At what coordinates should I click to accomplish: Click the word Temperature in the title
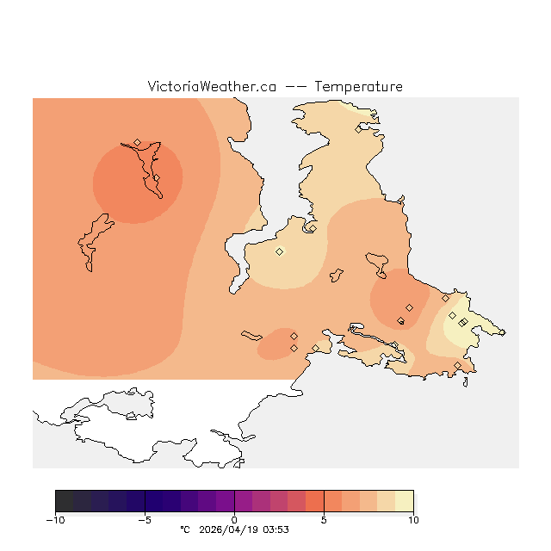pos(358,87)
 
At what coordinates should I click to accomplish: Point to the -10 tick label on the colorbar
pos(55,520)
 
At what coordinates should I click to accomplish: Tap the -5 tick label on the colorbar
pos(145,520)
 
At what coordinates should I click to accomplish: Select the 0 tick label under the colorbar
pos(234,520)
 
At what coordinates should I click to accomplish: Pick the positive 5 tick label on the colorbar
pos(324,520)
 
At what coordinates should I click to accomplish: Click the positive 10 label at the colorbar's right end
pos(413,520)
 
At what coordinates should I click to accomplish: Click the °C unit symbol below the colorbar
pos(183,530)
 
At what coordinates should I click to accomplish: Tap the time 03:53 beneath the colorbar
pos(276,530)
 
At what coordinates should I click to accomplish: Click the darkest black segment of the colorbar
pos(64,501)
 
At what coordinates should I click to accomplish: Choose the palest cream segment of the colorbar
pos(404,501)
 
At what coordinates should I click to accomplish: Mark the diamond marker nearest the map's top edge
pos(359,130)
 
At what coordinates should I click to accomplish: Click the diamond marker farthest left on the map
pos(137,142)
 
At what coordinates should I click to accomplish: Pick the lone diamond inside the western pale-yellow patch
pos(279,251)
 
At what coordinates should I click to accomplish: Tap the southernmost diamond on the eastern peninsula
pos(457,366)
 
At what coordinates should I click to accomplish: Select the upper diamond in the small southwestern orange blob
pos(294,336)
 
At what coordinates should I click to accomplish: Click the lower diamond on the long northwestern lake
pos(156,178)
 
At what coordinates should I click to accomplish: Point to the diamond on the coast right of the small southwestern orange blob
pos(316,348)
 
